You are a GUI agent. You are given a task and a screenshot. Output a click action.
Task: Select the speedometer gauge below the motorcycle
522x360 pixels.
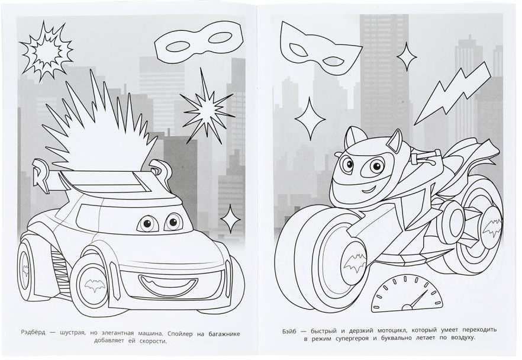407,294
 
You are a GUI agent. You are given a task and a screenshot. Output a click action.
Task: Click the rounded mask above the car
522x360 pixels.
199,41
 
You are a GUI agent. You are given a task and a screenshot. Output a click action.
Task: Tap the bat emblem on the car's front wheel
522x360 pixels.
95,285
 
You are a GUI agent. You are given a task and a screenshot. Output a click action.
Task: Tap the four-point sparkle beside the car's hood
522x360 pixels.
231,218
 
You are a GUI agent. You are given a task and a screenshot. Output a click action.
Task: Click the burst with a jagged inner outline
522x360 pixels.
46,52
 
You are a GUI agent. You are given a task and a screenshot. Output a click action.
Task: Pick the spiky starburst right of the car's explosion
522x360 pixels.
206,106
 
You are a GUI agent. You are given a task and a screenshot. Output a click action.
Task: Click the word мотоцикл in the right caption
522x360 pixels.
392,331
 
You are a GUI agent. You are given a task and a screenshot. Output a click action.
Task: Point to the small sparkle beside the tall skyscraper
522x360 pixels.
407,57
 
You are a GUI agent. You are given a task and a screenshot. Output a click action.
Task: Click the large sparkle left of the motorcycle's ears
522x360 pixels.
310,118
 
